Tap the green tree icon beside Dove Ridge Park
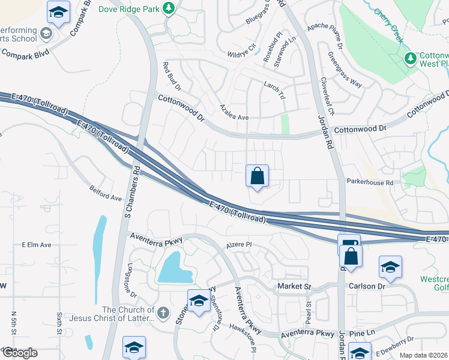coord(170,8)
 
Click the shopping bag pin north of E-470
coord(257,176)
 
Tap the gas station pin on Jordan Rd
coord(348,245)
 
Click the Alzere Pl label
coord(238,245)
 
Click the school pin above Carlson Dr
coord(390,267)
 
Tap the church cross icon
coord(163,313)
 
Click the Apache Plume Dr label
coord(324,36)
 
